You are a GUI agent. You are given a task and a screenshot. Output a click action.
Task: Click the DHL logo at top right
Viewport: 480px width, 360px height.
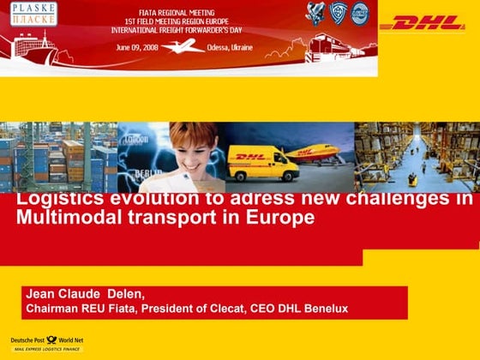422,23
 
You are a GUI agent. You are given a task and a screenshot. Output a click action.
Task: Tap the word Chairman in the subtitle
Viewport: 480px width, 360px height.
52,309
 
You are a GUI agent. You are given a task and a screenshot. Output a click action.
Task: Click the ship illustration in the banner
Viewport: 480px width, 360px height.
30,47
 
